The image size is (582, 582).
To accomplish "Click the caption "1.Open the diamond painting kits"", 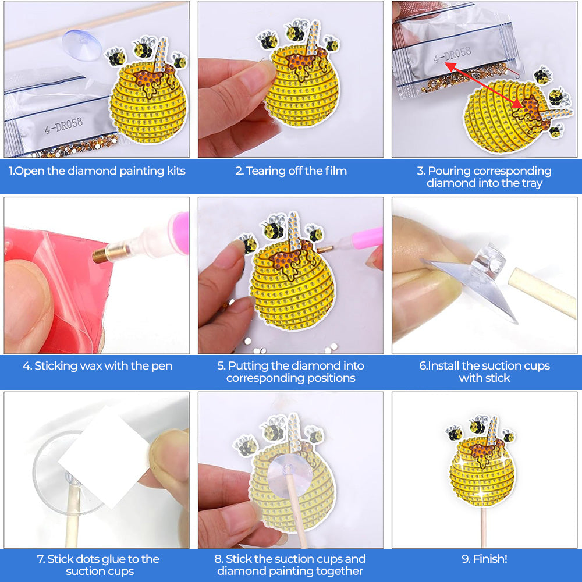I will (x=97, y=171).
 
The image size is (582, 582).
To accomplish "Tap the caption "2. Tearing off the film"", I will (x=290, y=171).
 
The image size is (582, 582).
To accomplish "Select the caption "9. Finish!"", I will (x=484, y=559).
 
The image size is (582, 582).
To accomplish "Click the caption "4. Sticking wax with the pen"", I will (x=97, y=366).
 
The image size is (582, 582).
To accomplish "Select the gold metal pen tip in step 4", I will (x=104, y=254).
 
